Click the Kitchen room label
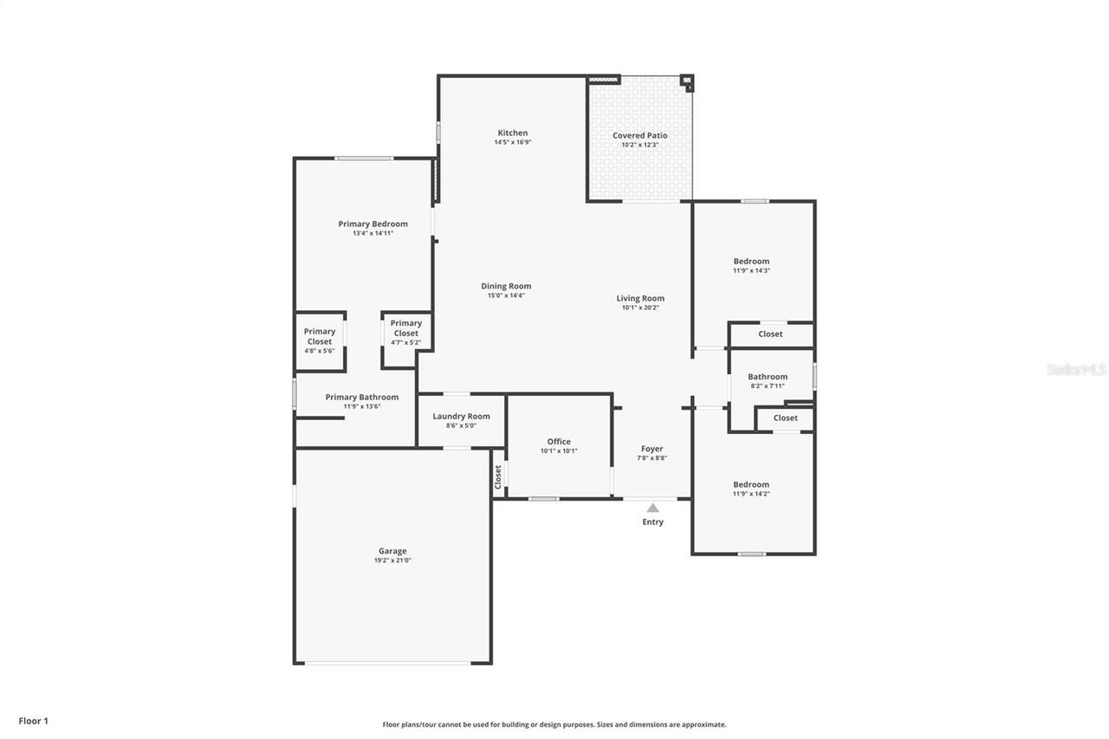coord(512,133)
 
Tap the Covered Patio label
coord(639,135)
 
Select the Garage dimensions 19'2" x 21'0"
coord(392,561)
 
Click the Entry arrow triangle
coord(652,508)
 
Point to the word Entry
coord(652,522)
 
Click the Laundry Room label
coord(461,416)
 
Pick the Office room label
coord(559,441)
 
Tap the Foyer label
coord(652,449)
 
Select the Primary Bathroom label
coord(362,397)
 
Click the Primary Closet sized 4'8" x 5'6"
coord(319,336)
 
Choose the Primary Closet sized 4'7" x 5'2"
coord(405,328)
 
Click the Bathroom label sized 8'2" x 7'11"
coord(768,376)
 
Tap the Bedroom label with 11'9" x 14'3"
coord(751,261)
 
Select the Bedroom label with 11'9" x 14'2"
coord(751,484)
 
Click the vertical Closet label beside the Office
coord(498,476)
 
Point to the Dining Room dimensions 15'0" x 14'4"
coord(506,295)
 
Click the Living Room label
coord(640,298)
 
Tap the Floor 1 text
coord(34,720)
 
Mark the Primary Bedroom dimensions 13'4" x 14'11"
coord(373,233)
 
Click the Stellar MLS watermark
coord(1076,369)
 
